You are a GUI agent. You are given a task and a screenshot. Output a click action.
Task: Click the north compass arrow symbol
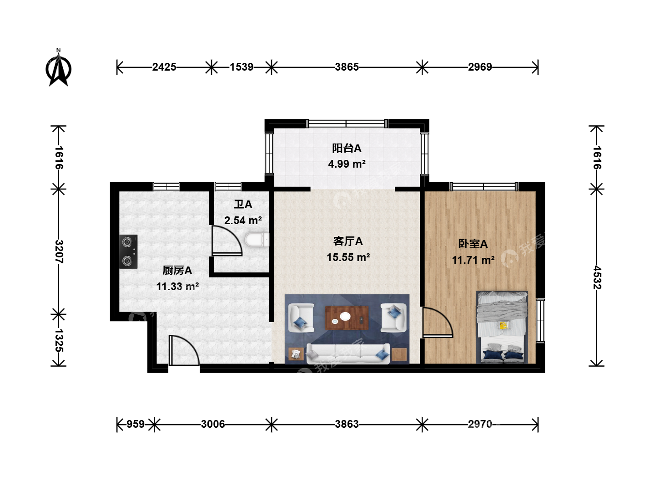pyautogui.click(x=59, y=68)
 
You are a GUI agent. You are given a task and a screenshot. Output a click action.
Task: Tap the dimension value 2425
pyautogui.click(x=164, y=67)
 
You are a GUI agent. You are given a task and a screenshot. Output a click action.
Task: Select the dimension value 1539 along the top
pyautogui.click(x=242, y=67)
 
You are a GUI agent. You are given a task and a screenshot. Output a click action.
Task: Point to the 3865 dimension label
pyautogui.click(x=347, y=67)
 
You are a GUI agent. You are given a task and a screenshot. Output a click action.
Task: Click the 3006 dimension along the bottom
pyautogui.click(x=213, y=424)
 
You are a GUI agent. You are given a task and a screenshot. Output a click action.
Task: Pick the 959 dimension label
pyautogui.click(x=136, y=424)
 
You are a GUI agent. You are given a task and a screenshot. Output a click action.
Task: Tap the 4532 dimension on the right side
pyautogui.click(x=597, y=277)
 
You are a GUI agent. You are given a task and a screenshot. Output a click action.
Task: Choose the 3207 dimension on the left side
pyautogui.click(x=59, y=251)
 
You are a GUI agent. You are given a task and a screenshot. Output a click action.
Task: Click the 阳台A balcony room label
pyautogui.click(x=347, y=148)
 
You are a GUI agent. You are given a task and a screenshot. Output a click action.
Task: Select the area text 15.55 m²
pyautogui.click(x=348, y=257)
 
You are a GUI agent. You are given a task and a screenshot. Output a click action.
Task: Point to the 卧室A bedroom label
pyautogui.click(x=473, y=244)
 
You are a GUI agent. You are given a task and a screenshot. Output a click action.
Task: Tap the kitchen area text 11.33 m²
pyautogui.click(x=177, y=287)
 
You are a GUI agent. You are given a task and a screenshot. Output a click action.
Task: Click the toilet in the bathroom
pyautogui.click(x=257, y=240)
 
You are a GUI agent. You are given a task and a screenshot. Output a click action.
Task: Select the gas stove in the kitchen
pyautogui.click(x=128, y=251)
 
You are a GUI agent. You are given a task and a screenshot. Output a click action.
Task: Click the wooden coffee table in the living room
pyautogui.click(x=347, y=318)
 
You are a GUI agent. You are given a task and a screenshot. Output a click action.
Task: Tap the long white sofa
pyautogui.click(x=348, y=354)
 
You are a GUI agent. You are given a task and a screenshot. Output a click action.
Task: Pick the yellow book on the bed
pyautogui.click(x=504, y=325)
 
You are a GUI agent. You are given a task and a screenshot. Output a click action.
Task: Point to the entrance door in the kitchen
pyautogui.click(x=184, y=350)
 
